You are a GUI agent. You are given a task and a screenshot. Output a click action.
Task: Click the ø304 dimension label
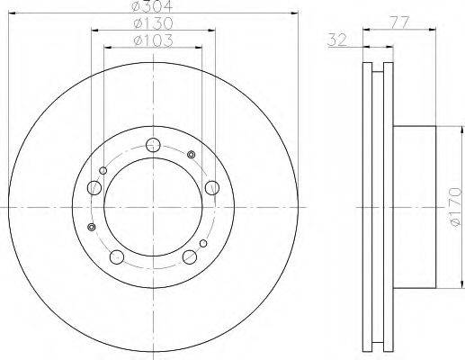coord(153,6)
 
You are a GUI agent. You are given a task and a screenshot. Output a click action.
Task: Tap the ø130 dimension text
coord(153,23)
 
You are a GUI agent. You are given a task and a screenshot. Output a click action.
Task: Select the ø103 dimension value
coord(153,40)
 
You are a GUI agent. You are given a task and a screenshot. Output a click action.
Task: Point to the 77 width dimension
coord(399,23)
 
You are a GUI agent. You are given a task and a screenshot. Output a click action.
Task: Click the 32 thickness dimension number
coord(337,40)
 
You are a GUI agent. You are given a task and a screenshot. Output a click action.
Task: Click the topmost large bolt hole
coord(153,145)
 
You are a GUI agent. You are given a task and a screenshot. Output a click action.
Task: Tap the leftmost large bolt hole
coord(94,188)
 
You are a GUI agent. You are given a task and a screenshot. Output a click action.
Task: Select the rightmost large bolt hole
coord(212,188)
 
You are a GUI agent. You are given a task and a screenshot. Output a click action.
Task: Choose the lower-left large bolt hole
coord(117,257)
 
